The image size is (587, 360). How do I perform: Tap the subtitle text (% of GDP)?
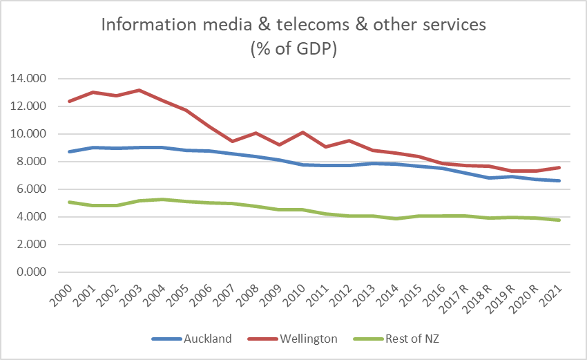pos(293,51)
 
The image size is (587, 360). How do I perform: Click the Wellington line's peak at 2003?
pos(139,91)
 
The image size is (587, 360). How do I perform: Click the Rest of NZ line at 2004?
pos(162,199)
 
